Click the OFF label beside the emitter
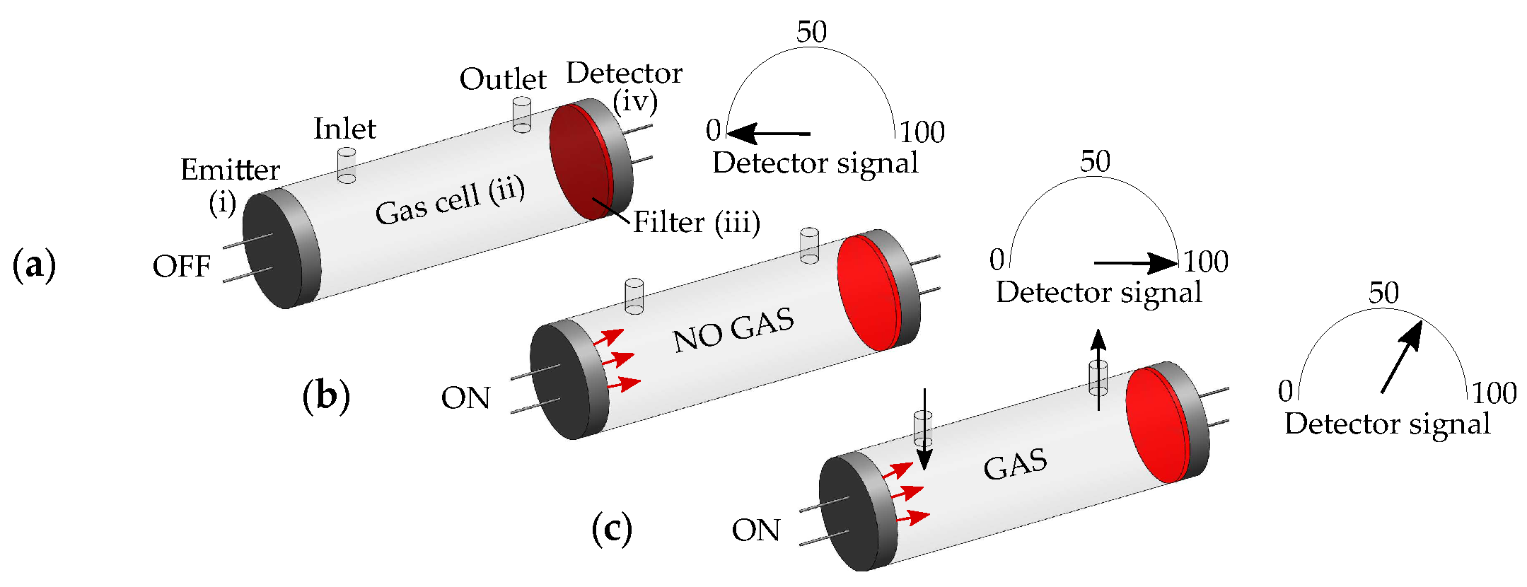tap(182, 267)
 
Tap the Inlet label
tap(344, 129)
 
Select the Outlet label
tap(503, 79)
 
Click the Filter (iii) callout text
tap(696, 222)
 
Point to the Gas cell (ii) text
tap(450, 202)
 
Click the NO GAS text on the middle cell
tap(733, 330)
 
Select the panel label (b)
tap(326, 396)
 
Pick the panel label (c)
tap(612, 529)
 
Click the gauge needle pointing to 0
tap(768, 133)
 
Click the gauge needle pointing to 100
tap(1136, 263)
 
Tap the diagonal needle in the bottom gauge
tap(1401, 357)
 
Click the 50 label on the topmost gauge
tap(811, 32)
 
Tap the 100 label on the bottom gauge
tap(1494, 393)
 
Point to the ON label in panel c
tap(756, 530)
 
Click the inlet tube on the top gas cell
tap(347, 165)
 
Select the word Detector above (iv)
tap(624, 73)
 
